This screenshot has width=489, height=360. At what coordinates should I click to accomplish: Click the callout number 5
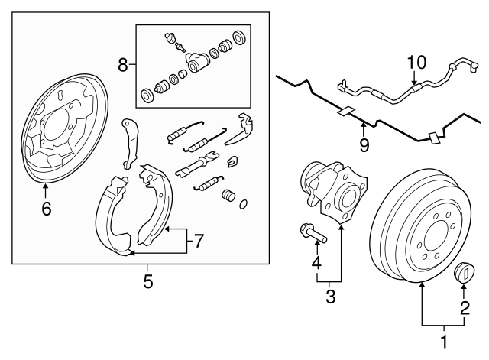(148, 282)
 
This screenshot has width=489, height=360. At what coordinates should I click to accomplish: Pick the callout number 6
(46, 208)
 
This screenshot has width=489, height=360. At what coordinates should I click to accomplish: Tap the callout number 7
(198, 242)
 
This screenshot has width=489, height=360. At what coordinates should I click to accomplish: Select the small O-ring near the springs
(244, 203)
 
